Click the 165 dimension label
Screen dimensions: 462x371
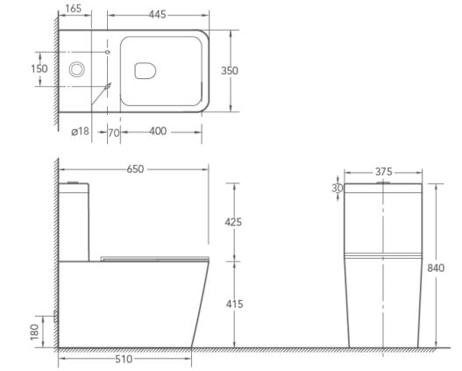tap(73, 9)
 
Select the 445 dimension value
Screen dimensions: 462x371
tap(157, 14)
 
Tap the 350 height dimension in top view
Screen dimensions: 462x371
tap(230, 71)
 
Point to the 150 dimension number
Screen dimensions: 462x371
tap(39, 68)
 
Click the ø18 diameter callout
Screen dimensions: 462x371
tap(80, 132)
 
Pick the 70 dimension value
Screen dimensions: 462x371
tap(114, 133)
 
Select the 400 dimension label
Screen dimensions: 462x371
tap(158, 132)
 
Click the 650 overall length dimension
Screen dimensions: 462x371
tap(135, 169)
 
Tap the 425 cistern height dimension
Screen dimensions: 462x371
tap(233, 222)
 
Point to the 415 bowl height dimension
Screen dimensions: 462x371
tap(235, 303)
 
